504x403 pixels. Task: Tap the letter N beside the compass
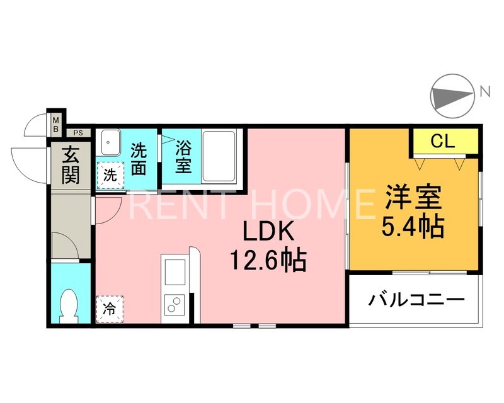coord(484,91)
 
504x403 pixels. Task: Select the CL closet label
coord(442,142)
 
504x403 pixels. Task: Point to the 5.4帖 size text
coord(413,225)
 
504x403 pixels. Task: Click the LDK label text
coord(270,232)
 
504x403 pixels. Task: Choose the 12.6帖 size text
coord(269,259)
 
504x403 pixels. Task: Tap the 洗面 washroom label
coord(139,159)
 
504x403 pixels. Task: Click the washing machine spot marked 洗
coord(110,175)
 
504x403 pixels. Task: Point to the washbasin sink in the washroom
coord(110,143)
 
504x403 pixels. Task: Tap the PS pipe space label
coord(78,133)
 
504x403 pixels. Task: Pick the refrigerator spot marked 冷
coord(110,309)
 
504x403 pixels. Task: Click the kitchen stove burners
coord(173,305)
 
